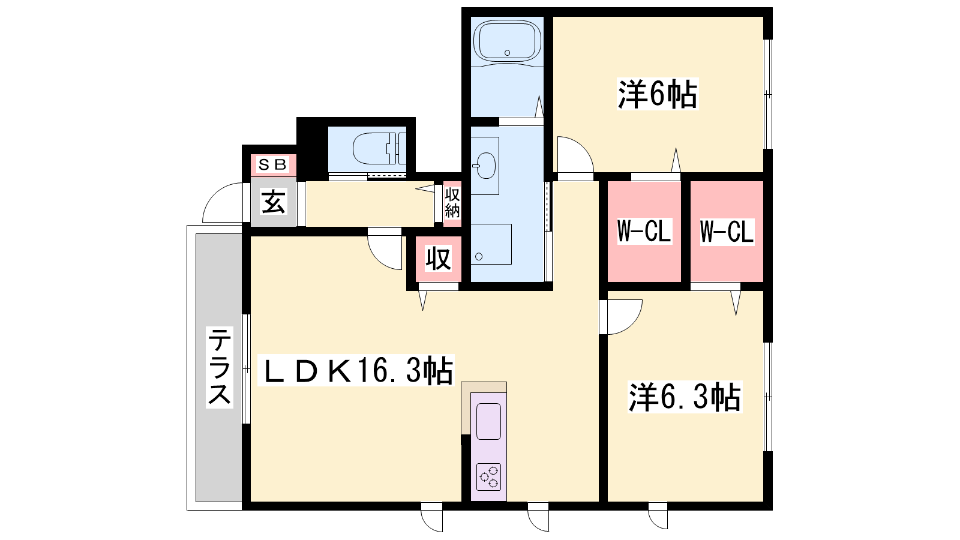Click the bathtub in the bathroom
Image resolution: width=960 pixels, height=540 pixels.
click(x=507, y=41)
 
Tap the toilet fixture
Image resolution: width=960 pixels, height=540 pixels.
click(x=379, y=148)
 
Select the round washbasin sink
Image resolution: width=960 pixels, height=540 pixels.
click(x=485, y=166)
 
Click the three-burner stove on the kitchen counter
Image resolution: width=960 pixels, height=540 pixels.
click(x=488, y=476)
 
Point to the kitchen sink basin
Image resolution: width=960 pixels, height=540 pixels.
click(x=488, y=421)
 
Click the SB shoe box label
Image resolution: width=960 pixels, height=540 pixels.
click(x=272, y=164)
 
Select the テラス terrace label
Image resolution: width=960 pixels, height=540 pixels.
click(x=220, y=367)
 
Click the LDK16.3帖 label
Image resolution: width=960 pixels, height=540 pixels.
click(x=356, y=370)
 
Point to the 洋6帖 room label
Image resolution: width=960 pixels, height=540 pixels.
click(x=658, y=94)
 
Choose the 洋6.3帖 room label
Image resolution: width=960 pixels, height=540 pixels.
click(x=685, y=397)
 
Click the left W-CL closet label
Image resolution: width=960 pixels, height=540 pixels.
click(x=644, y=232)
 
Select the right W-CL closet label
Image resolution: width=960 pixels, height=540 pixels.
click(x=727, y=232)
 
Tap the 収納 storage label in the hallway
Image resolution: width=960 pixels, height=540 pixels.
click(x=452, y=203)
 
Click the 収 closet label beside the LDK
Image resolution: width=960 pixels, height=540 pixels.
click(x=439, y=258)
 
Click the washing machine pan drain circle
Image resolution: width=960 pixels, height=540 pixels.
click(x=479, y=257)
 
